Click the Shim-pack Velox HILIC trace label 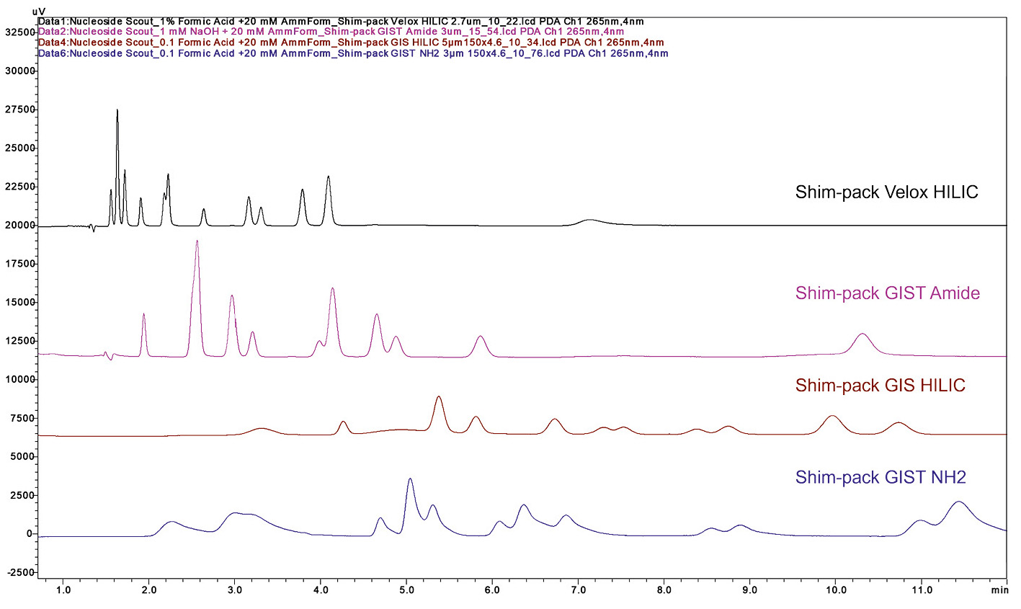click(886, 192)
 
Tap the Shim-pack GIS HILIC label click(880, 386)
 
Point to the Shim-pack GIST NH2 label click(880, 477)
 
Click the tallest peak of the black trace click(117, 110)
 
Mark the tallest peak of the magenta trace click(197, 241)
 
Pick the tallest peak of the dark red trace click(439, 397)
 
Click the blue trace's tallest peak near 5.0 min click(410, 479)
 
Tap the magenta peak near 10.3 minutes click(862, 334)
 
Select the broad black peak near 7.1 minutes click(590, 220)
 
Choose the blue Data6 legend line click(353, 53)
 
